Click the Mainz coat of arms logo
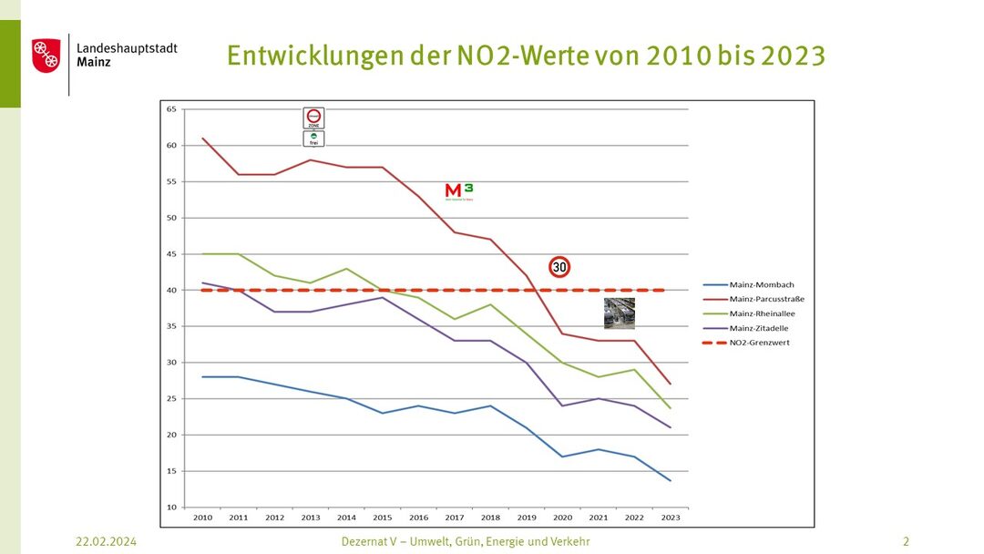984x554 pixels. point(46,56)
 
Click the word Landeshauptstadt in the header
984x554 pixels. point(127,47)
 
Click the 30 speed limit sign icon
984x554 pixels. point(559,267)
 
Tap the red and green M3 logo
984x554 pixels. point(458,190)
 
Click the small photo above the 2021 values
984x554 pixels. point(620,313)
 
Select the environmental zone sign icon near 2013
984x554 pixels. point(313,127)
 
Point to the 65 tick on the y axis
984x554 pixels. point(171,109)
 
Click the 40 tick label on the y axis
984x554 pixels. point(171,290)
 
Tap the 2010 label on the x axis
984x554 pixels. point(202,517)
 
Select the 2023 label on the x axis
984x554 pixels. point(671,517)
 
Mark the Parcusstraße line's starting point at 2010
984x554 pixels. point(202,138)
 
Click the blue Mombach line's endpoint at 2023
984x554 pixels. point(671,480)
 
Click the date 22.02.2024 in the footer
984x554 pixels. point(106,541)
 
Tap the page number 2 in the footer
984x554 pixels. point(906,541)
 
